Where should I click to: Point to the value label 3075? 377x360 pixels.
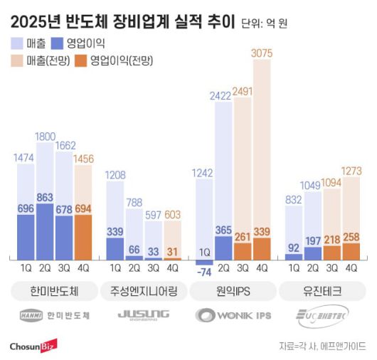click(x=262, y=51)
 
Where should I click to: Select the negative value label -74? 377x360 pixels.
click(x=204, y=271)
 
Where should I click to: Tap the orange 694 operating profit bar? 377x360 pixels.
click(x=82, y=235)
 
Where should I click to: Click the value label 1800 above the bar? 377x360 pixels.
click(x=44, y=135)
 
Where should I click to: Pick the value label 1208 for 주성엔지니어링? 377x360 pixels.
click(x=115, y=174)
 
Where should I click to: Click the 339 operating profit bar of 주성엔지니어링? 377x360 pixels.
click(x=115, y=247)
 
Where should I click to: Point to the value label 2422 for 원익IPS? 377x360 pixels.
click(x=223, y=95)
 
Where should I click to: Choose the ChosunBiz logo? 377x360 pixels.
click(x=33, y=345)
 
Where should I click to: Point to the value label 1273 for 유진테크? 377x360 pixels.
click(x=351, y=170)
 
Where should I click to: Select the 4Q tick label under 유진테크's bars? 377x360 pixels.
click(x=351, y=268)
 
